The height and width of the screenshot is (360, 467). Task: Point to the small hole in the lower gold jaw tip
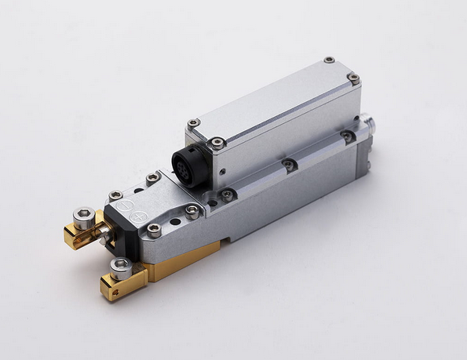pyautogui.click(x=106, y=291)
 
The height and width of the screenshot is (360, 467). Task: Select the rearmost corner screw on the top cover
pyautogui.click(x=329, y=60)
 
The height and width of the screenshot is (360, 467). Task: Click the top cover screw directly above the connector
pyautogui.click(x=193, y=123)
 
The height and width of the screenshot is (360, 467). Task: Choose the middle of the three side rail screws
pyautogui.click(x=290, y=165)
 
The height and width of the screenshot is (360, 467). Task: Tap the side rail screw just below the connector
pyautogui.click(x=228, y=194)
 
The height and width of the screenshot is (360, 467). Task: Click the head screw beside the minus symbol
pyautogui.click(x=115, y=194)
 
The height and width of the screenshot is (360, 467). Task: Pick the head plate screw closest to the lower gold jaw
pyautogui.click(x=155, y=230)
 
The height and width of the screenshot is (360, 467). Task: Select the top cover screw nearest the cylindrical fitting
pyautogui.click(x=354, y=78)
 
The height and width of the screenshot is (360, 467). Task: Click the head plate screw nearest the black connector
pyautogui.click(x=192, y=209)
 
